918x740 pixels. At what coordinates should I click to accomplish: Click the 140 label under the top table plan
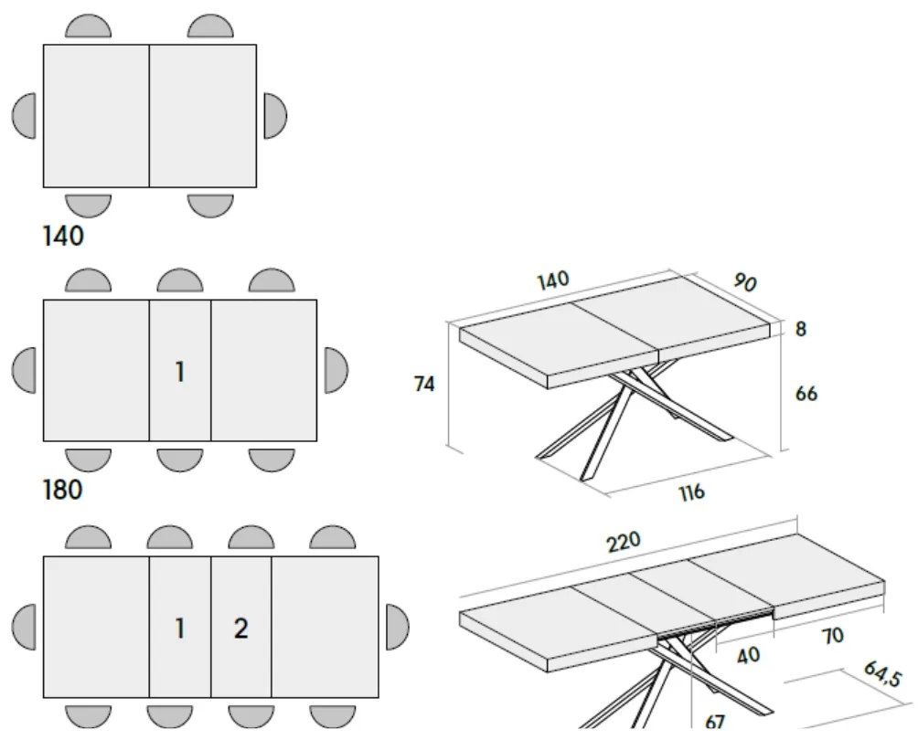pyautogui.click(x=63, y=237)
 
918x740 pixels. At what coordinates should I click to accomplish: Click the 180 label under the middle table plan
pyautogui.click(x=63, y=491)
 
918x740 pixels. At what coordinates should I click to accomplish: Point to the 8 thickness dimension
pyautogui.click(x=801, y=329)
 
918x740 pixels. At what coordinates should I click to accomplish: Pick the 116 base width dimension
pyautogui.click(x=692, y=492)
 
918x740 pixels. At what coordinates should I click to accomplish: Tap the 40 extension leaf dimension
pyautogui.click(x=748, y=656)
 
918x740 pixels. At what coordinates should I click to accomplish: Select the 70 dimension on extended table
pyautogui.click(x=831, y=636)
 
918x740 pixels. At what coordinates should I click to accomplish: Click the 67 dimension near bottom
pyautogui.click(x=716, y=722)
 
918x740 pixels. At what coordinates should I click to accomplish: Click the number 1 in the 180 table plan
pyautogui.click(x=180, y=372)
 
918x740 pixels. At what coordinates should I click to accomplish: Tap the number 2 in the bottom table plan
pyautogui.click(x=240, y=629)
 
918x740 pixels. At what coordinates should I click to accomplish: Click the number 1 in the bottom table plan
pyautogui.click(x=180, y=629)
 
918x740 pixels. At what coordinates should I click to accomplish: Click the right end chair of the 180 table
pyautogui.click(x=336, y=370)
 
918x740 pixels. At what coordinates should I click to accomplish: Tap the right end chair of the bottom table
pyautogui.click(x=397, y=627)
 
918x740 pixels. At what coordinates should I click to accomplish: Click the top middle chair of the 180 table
pyautogui.click(x=180, y=282)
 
